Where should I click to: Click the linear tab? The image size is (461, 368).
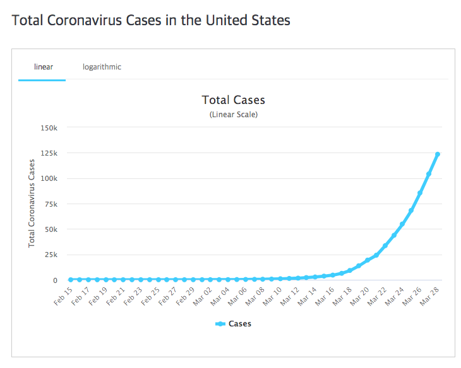click(x=43, y=67)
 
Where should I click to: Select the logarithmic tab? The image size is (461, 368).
click(x=102, y=67)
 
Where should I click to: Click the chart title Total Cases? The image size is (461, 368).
click(x=233, y=100)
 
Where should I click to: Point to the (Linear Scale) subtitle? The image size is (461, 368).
click(x=233, y=115)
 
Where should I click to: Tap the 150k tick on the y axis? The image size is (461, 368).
click(x=49, y=128)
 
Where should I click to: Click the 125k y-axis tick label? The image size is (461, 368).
click(x=49, y=153)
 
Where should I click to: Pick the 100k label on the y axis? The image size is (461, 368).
click(x=49, y=178)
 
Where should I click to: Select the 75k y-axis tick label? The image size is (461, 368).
click(x=52, y=204)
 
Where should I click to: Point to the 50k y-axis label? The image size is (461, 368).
click(x=52, y=229)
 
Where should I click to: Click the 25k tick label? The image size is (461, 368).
click(x=52, y=255)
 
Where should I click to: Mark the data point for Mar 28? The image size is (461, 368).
click(x=438, y=154)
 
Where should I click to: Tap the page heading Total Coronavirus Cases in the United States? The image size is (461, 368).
click(x=151, y=20)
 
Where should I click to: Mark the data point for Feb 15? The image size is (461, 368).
click(x=71, y=279)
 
